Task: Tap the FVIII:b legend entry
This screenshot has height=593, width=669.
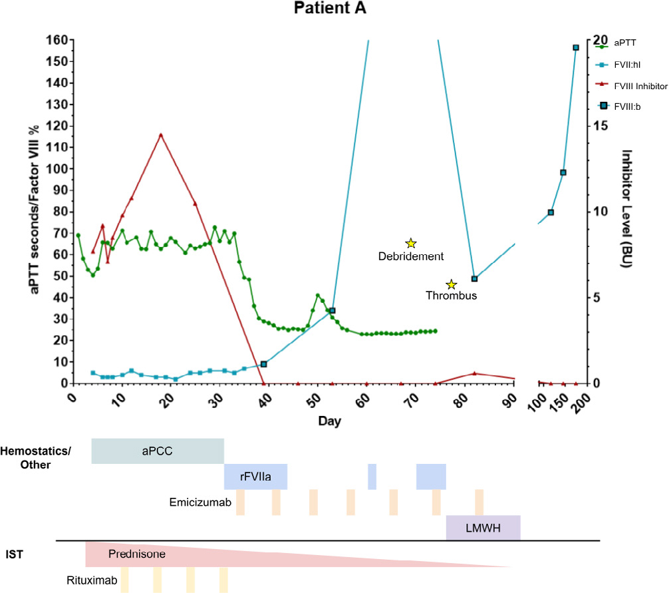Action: pyautogui.click(x=628, y=106)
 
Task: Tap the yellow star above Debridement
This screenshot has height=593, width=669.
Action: pyautogui.click(x=411, y=244)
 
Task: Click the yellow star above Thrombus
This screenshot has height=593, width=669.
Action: pyautogui.click(x=452, y=284)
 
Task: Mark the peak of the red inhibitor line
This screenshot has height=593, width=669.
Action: pyautogui.click(x=160, y=134)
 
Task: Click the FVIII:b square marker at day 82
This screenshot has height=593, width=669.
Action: pyautogui.click(x=474, y=279)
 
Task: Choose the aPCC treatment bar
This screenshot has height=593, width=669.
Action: pyautogui.click(x=158, y=451)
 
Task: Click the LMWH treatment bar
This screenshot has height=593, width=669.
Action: pyautogui.click(x=483, y=528)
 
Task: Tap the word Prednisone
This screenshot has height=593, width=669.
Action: pyautogui.click(x=137, y=554)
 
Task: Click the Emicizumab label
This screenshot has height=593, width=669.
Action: pyautogui.click(x=200, y=502)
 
